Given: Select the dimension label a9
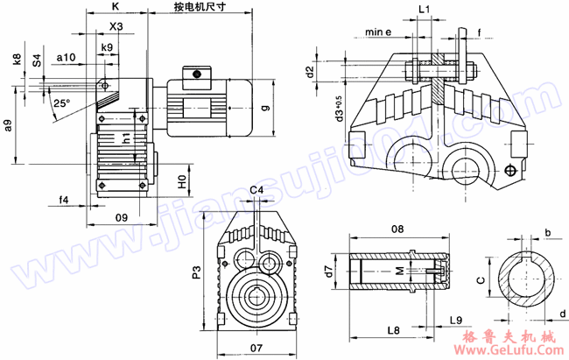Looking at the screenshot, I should coord(9,125).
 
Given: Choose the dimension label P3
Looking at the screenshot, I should coord(197,275).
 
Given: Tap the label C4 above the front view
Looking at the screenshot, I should coord(257,191).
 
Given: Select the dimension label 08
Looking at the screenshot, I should coord(398,229).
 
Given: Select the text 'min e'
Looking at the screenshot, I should coord(379,32).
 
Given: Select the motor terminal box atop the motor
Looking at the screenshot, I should coord(195,74).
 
